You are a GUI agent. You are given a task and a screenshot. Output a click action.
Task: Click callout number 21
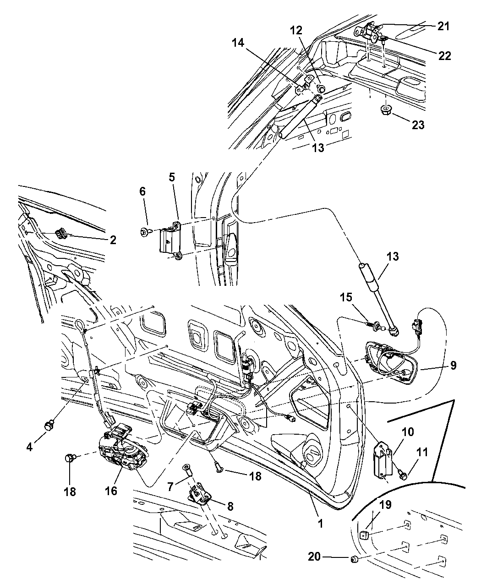click(x=443, y=27)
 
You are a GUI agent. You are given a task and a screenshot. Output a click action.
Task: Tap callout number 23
click(x=418, y=124)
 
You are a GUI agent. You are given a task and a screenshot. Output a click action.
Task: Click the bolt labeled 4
click(x=47, y=426)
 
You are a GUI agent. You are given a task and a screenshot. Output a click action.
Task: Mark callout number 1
click(x=320, y=523)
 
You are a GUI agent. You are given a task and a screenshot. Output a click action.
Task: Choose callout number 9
click(x=453, y=365)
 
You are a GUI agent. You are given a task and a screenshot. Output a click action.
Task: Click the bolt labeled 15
click(x=372, y=325)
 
